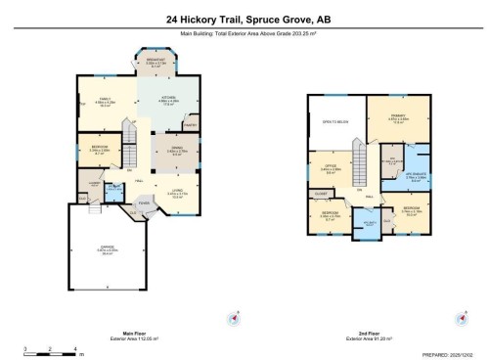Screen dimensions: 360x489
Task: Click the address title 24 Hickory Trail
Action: click(244, 18)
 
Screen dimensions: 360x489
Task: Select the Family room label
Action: click(104, 101)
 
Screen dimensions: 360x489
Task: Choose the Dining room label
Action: click(177, 150)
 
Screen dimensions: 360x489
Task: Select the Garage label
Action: click(105, 249)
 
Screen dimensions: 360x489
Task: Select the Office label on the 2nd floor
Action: click(330, 168)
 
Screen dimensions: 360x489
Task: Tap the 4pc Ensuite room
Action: click(415, 177)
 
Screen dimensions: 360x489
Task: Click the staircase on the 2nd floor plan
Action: click(360, 157)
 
